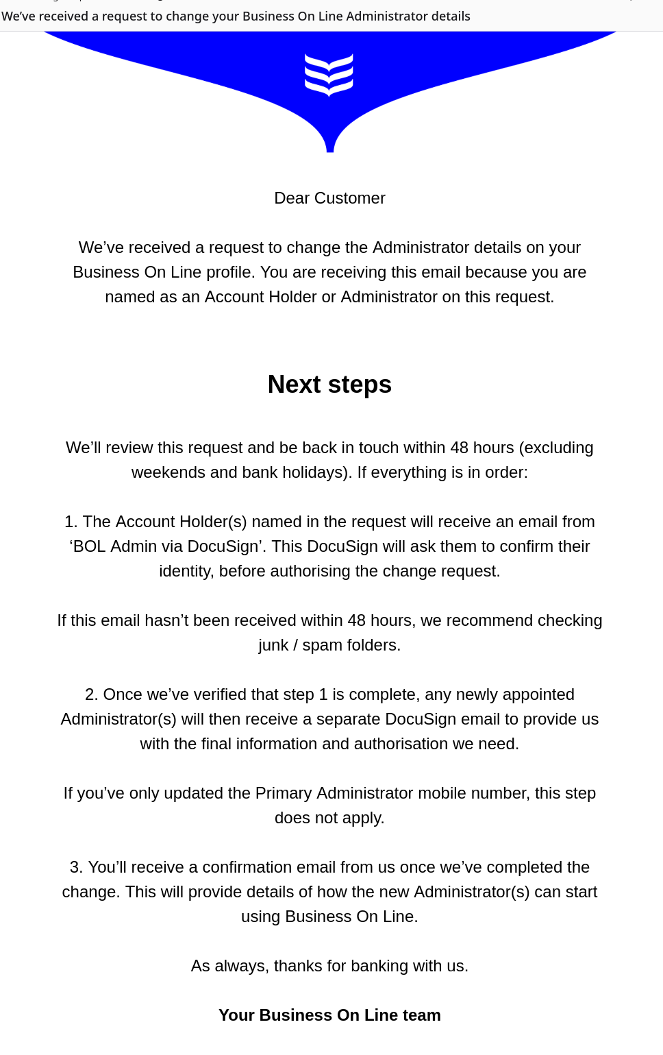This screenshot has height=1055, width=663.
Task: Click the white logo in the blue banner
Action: pos(329,74)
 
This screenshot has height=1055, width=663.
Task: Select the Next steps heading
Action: pos(329,385)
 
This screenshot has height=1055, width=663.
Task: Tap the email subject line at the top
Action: pos(236,16)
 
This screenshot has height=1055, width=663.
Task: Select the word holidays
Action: pos(314,472)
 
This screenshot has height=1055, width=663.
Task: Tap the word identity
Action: pos(186,571)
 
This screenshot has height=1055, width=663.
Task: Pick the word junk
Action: pos(273,645)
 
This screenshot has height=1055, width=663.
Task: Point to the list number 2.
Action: pos(91,694)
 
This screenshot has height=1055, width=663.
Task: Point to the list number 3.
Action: pos(76,867)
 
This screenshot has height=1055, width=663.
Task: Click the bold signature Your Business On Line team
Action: pos(329,1015)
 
